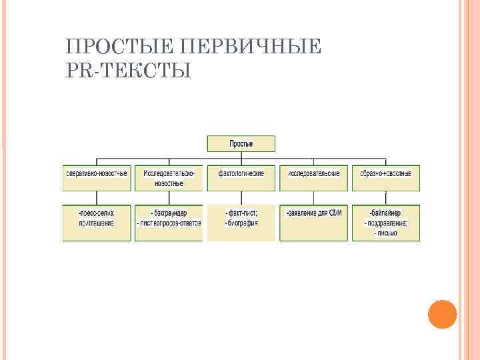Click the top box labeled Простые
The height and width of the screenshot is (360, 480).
pos(241,143)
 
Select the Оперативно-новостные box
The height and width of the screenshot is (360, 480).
pos(97,173)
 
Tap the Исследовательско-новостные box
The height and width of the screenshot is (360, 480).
pos(169,177)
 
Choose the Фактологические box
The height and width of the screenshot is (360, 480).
pos(241,173)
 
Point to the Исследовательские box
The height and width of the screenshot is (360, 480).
pos(313,173)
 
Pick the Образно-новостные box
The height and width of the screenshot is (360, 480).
pos(386,173)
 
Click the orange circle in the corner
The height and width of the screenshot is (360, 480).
pos(442,313)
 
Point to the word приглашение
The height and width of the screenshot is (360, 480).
pos(97,223)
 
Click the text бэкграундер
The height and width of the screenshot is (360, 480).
pos(169,213)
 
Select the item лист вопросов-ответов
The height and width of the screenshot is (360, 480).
pos(169,223)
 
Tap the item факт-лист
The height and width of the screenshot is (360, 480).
pos(241,213)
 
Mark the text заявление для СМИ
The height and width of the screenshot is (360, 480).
pos(313,213)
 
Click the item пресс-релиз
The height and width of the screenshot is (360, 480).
pos(97,213)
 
